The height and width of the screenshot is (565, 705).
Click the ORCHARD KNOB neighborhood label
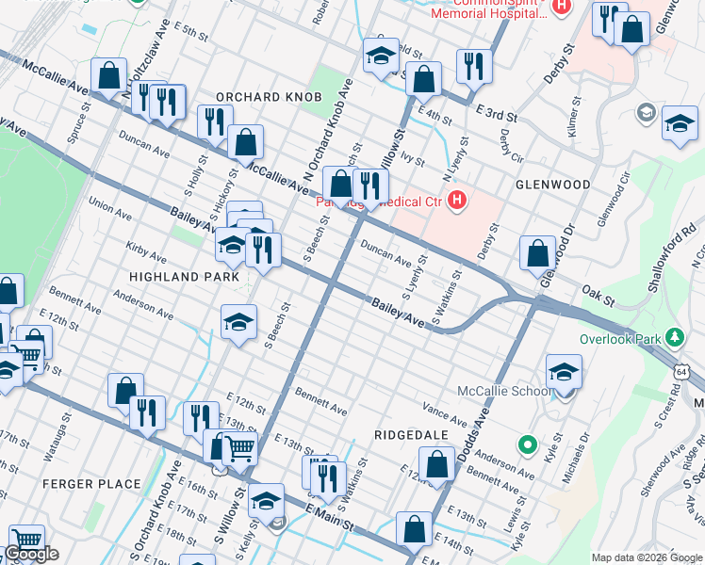pos(269,97)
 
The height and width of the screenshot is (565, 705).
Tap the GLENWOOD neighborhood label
pos(553,185)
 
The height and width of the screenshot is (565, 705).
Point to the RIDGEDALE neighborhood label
pos(408,436)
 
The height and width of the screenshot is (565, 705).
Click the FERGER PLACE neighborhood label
pos(91,484)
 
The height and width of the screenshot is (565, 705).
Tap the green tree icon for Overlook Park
pos(675,336)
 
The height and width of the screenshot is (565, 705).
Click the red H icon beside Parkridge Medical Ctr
pos(457,200)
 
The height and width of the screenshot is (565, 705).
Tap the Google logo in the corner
pos(31,555)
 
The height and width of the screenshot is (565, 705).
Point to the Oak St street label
pos(598,298)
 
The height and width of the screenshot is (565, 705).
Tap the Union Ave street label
pos(108,207)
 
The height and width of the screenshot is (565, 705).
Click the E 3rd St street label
pos(496,113)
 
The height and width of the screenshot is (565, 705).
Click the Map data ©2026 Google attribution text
pos(646,557)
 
